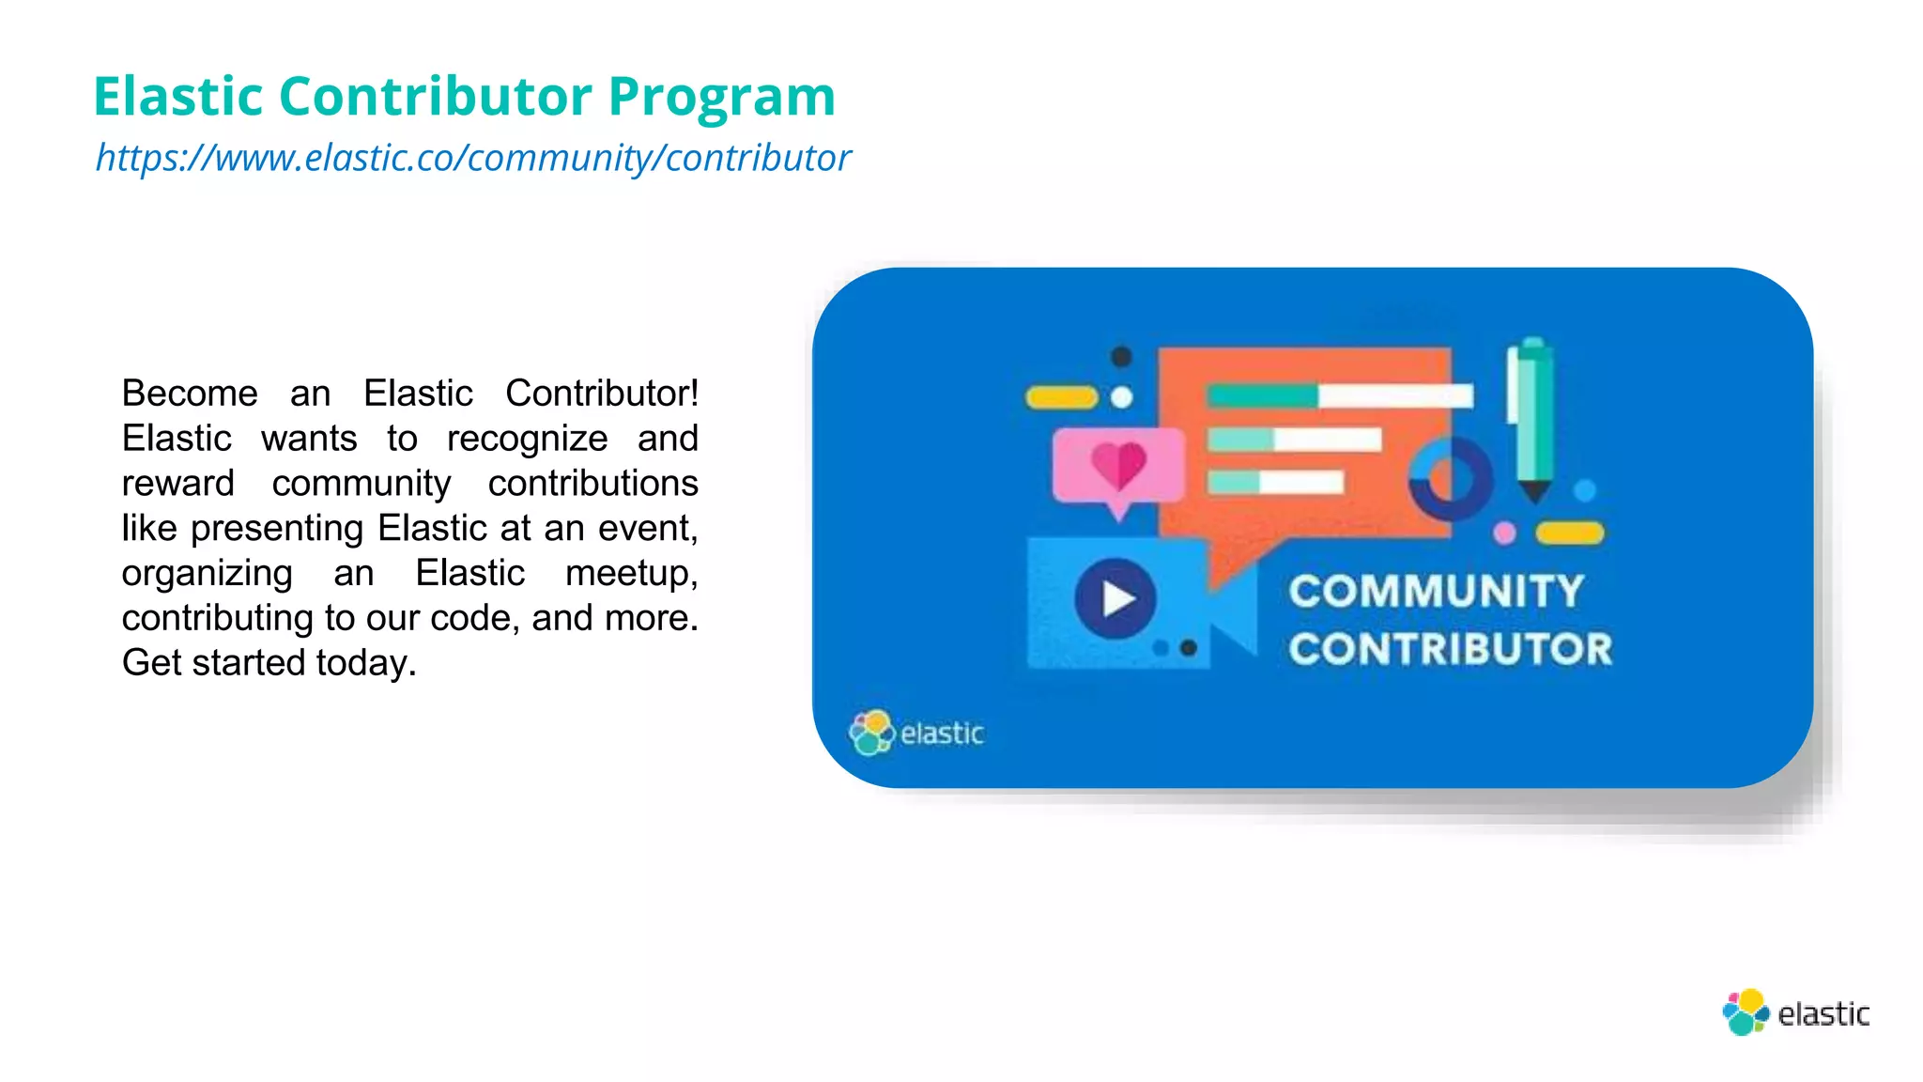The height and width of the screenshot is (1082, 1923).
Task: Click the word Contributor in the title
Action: click(435, 96)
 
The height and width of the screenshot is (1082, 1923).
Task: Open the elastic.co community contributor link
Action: click(473, 158)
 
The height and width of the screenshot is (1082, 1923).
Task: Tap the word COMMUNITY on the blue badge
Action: click(1436, 592)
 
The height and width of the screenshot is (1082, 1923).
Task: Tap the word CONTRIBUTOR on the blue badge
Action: click(1450, 649)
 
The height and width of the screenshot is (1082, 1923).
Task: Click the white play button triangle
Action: click(1117, 598)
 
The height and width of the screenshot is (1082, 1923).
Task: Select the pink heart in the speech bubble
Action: click(1118, 465)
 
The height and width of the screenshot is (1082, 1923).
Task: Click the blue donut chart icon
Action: click(1451, 478)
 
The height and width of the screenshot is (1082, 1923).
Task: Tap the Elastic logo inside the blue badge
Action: click(915, 733)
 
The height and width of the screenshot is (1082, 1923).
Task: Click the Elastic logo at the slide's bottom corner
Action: click(1795, 1012)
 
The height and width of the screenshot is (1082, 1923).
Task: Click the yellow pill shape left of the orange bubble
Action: click(1061, 397)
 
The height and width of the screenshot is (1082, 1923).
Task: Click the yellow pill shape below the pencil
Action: click(1569, 533)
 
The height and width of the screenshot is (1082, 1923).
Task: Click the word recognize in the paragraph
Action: click(527, 439)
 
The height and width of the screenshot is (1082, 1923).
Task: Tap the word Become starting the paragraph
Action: click(190, 394)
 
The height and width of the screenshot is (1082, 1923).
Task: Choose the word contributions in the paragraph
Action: click(592, 484)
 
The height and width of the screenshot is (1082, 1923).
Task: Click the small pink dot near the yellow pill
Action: click(1504, 533)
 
